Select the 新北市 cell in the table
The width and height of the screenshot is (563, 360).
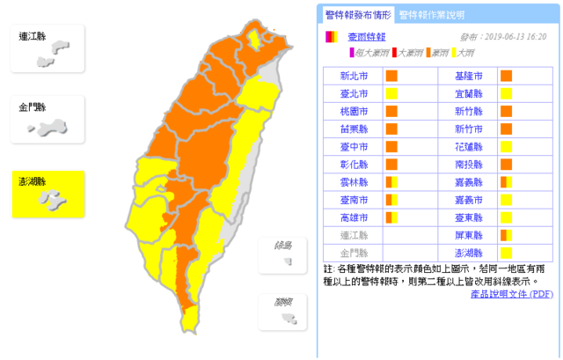[x=350, y=76]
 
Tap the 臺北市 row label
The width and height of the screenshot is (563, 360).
[x=350, y=93]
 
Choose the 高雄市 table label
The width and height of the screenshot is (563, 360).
[x=350, y=217]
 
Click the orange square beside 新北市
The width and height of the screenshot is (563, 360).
[x=391, y=76]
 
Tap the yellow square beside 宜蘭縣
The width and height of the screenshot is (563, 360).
[x=507, y=93]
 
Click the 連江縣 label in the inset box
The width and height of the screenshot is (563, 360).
[x=33, y=36]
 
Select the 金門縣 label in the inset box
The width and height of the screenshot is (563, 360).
[x=33, y=107]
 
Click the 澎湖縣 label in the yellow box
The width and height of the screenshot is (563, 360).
[x=33, y=182]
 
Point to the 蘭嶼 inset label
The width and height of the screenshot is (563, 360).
[x=283, y=302]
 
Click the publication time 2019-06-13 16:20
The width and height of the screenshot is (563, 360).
[x=515, y=38]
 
